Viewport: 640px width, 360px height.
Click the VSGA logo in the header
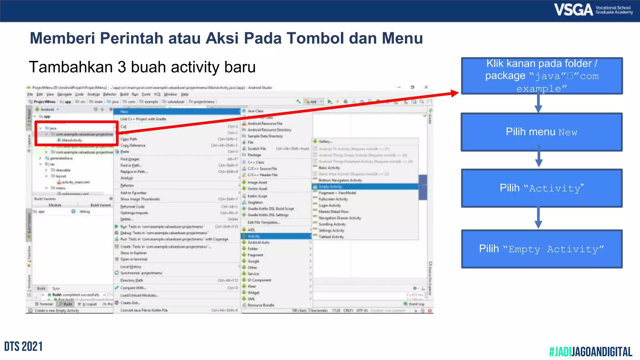click(x=593, y=10)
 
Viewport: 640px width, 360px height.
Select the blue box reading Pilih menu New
click(x=542, y=132)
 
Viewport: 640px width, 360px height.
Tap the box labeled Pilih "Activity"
click(x=542, y=188)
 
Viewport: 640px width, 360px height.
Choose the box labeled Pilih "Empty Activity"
click(x=542, y=249)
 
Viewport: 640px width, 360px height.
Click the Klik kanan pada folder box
click(x=542, y=76)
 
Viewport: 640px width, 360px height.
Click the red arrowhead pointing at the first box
click(x=454, y=93)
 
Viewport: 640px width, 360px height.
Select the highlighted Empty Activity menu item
click(x=330, y=187)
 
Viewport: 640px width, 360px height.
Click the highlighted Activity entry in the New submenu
click(x=254, y=236)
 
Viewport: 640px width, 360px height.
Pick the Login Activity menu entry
click(x=330, y=205)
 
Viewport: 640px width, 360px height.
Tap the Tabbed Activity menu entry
click(x=331, y=237)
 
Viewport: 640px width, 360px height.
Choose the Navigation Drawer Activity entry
click(x=340, y=218)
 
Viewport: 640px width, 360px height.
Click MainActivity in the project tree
click(x=72, y=140)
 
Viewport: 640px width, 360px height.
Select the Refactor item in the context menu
click(x=127, y=185)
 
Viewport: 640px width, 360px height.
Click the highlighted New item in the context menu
click(x=124, y=112)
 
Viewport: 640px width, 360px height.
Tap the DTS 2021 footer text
click(x=23, y=347)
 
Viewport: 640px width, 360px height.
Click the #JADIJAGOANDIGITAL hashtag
click(x=591, y=352)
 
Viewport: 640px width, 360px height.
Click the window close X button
click(x=426, y=87)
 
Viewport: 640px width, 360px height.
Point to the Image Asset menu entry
click(x=257, y=182)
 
